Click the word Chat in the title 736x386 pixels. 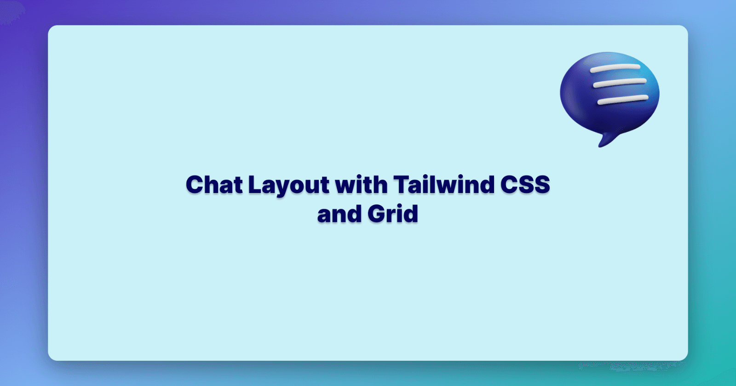(x=214, y=185)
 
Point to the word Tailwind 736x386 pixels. (x=443, y=185)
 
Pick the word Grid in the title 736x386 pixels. (x=393, y=214)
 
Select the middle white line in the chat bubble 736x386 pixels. (x=620, y=83)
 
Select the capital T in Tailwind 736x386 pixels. (x=401, y=185)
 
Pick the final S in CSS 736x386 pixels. (x=541, y=185)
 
